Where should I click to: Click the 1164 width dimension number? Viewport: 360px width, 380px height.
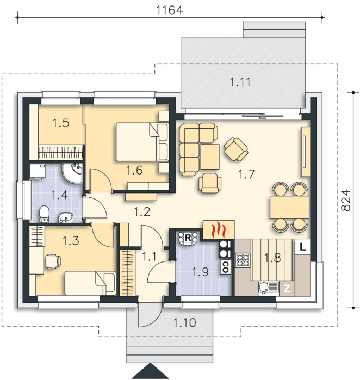(x=169, y=10)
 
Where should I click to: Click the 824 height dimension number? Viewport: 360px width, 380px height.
(x=346, y=200)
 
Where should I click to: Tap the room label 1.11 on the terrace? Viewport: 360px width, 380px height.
(x=240, y=82)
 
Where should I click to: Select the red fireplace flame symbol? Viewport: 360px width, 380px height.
(x=219, y=229)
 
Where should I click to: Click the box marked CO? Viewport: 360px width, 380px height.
(x=225, y=267)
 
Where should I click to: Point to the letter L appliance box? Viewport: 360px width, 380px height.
(x=303, y=247)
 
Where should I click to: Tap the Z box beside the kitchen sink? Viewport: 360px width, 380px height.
(x=287, y=288)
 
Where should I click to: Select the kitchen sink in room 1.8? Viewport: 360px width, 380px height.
(x=269, y=288)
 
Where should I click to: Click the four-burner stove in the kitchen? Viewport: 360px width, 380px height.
(x=243, y=260)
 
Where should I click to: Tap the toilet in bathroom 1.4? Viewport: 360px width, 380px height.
(x=44, y=214)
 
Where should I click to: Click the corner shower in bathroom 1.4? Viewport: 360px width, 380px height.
(x=72, y=173)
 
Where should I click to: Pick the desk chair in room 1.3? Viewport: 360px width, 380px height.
(x=53, y=261)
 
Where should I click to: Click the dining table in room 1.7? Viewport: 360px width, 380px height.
(x=289, y=208)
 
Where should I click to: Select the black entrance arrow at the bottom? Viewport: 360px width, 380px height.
(x=150, y=371)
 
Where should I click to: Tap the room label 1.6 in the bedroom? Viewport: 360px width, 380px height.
(x=134, y=170)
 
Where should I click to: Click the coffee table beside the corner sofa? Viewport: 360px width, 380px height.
(x=210, y=157)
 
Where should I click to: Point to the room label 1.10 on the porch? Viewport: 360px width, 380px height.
(x=184, y=323)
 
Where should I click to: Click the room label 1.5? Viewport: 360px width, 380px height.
(x=61, y=123)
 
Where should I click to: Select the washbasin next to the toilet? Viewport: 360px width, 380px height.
(x=66, y=217)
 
